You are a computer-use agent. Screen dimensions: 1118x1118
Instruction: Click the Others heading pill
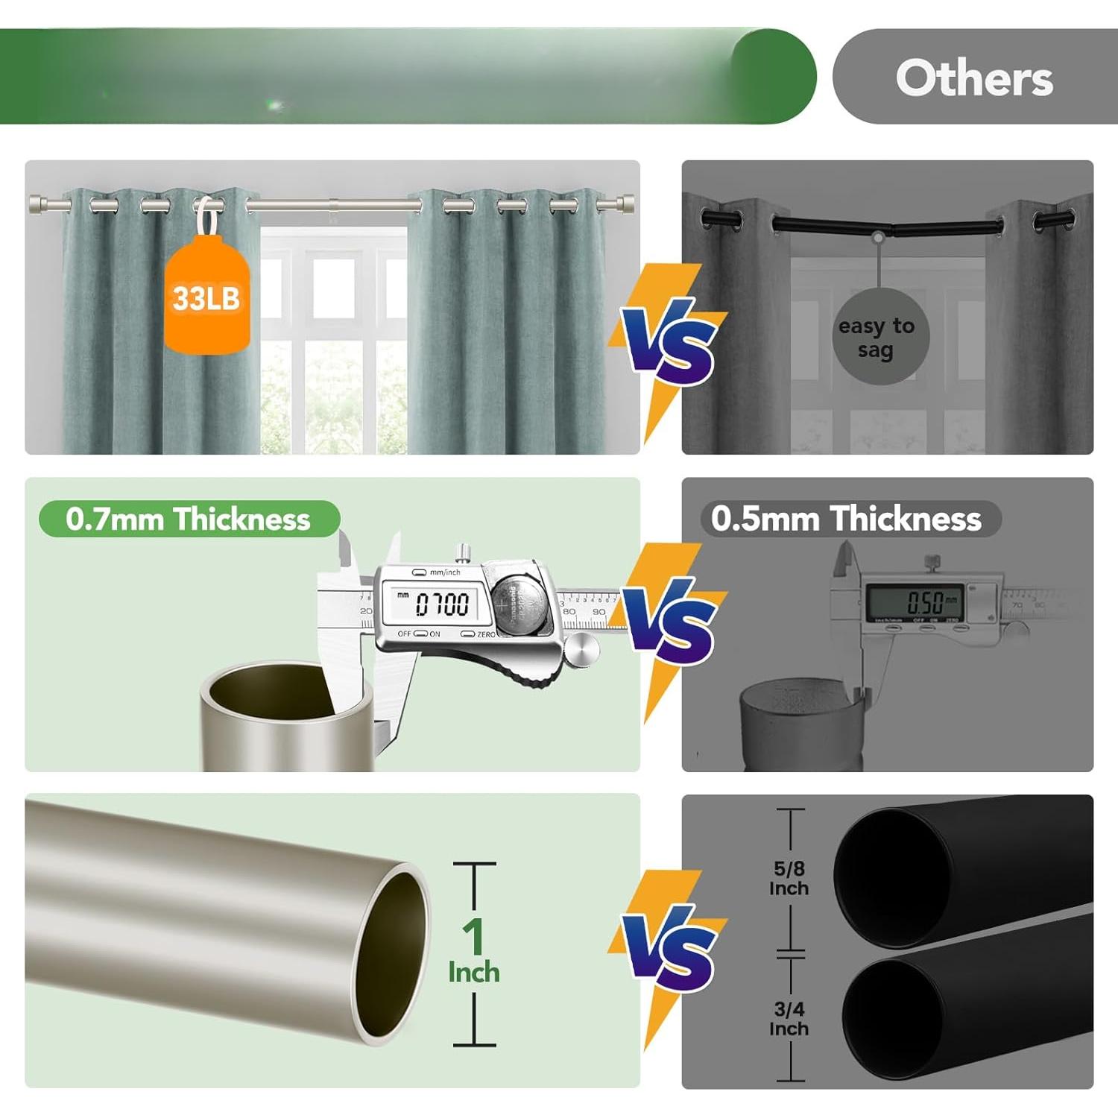(x=974, y=78)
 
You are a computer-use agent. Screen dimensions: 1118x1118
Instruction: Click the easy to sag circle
(x=879, y=337)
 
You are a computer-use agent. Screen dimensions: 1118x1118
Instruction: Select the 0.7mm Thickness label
(x=189, y=519)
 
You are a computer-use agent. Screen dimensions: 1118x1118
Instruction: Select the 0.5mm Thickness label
(x=847, y=519)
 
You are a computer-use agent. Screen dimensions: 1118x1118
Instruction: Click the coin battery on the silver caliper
(x=522, y=604)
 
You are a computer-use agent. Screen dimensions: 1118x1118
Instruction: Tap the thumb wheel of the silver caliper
(x=581, y=650)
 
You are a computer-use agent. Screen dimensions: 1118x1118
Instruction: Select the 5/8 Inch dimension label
(x=789, y=878)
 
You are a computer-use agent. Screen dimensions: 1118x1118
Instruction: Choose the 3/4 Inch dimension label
(x=789, y=1018)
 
